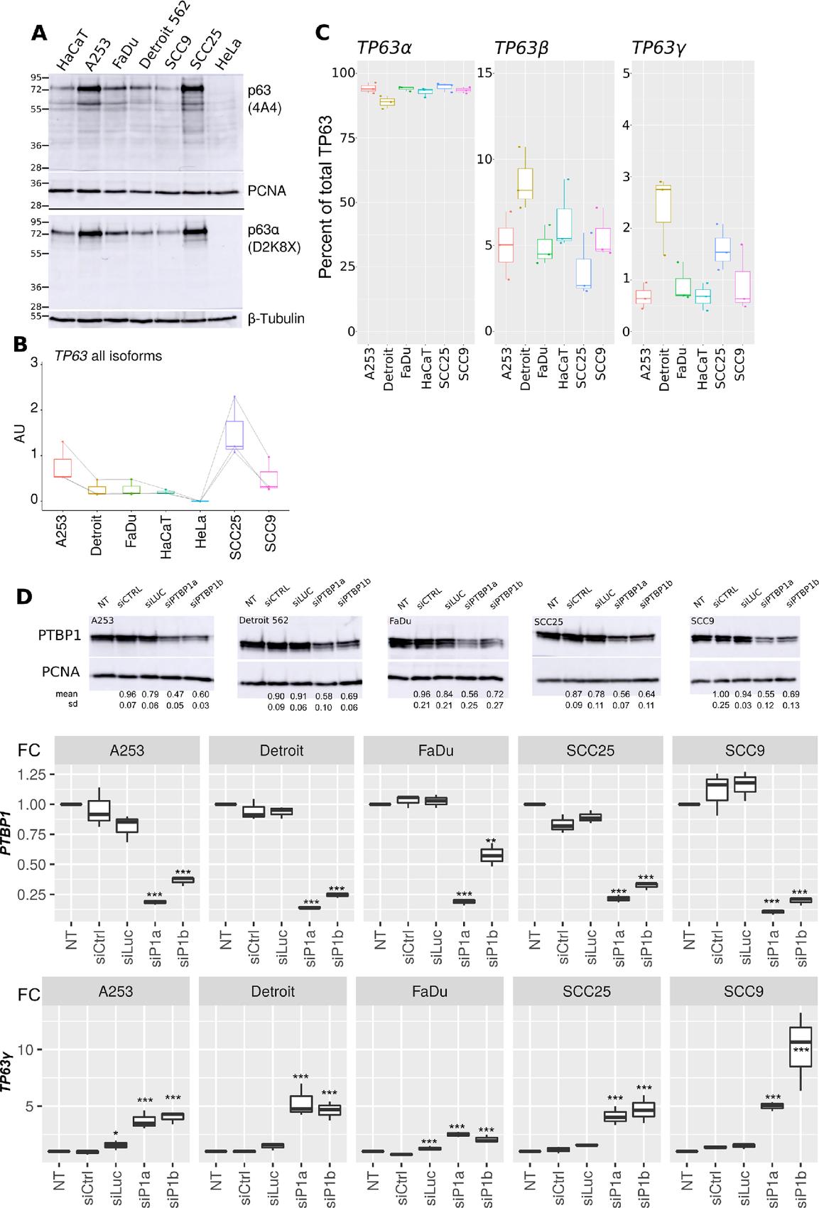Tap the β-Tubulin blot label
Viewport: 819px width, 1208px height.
[x=276, y=318]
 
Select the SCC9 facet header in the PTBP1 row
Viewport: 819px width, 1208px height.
[x=744, y=750]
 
